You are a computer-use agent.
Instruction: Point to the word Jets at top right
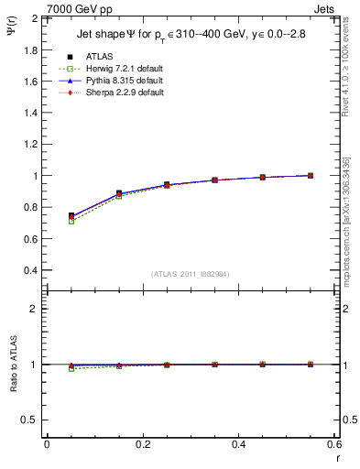point(325,8)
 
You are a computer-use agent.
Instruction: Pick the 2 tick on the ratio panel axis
point(34,309)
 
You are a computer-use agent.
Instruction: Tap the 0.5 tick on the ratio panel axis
point(30,420)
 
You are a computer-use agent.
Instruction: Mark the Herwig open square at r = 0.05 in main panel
point(71,221)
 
